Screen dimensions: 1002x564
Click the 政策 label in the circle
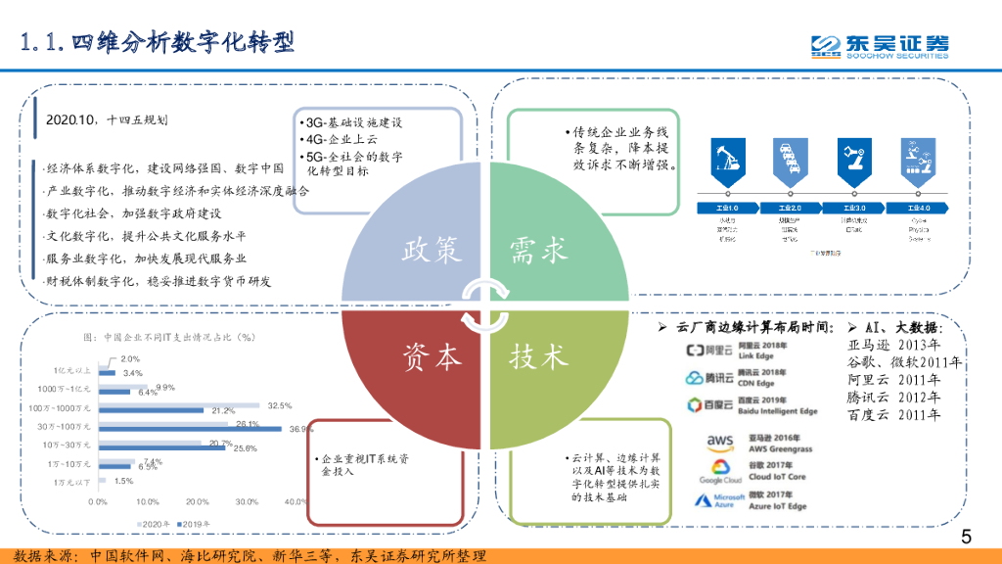coord(432,251)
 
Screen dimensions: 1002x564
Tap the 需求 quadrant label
coord(538,251)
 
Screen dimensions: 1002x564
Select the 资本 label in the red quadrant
coord(432,357)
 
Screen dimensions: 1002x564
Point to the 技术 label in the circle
coord(538,357)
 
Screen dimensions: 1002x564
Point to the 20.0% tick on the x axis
coord(198,501)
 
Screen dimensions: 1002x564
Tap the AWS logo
coord(720,444)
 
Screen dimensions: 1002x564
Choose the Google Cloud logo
coord(720,472)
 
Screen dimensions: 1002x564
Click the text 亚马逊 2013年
coord(893,345)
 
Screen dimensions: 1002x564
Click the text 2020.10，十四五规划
coord(106,120)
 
